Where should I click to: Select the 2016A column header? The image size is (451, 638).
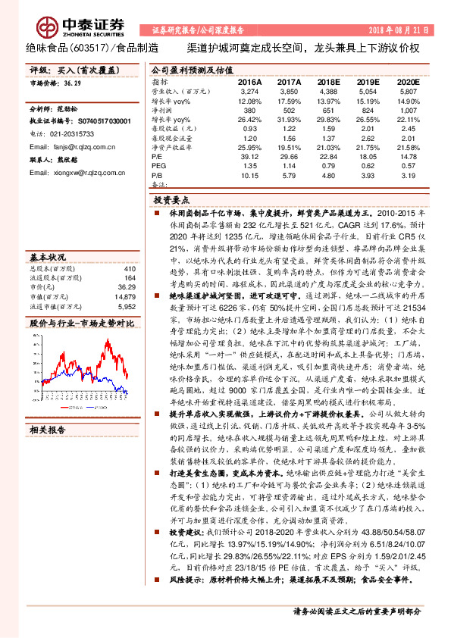point(249,80)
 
